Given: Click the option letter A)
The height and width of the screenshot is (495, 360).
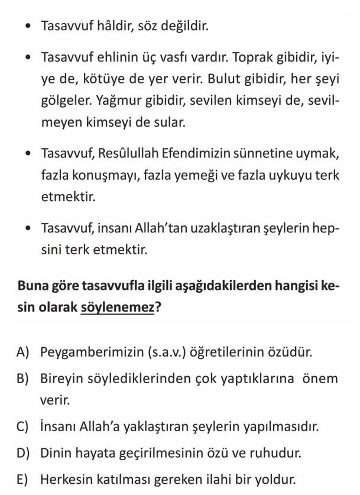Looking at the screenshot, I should (x=23, y=352).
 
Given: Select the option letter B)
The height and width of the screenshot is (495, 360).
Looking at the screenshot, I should (x=23, y=378).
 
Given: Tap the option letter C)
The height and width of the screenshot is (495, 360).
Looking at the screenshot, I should (x=23, y=426).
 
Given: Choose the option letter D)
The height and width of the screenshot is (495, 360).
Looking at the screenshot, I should (x=23, y=453).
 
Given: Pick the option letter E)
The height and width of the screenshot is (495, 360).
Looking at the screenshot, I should (x=23, y=479).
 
